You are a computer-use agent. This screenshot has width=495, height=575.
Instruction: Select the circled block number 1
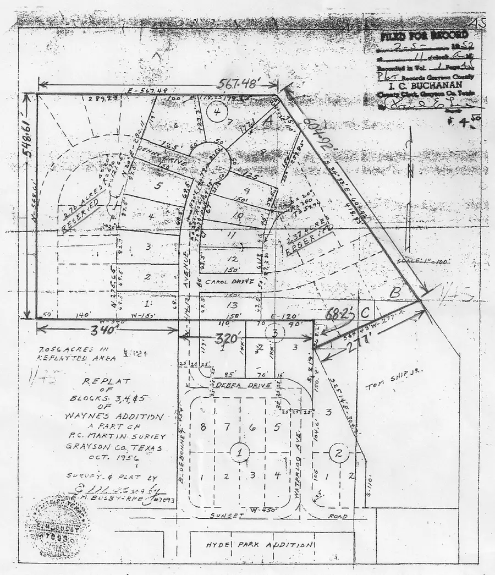pyautogui.click(x=240, y=452)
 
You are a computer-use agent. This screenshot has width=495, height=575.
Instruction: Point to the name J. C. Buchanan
pyautogui.click(x=420, y=86)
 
